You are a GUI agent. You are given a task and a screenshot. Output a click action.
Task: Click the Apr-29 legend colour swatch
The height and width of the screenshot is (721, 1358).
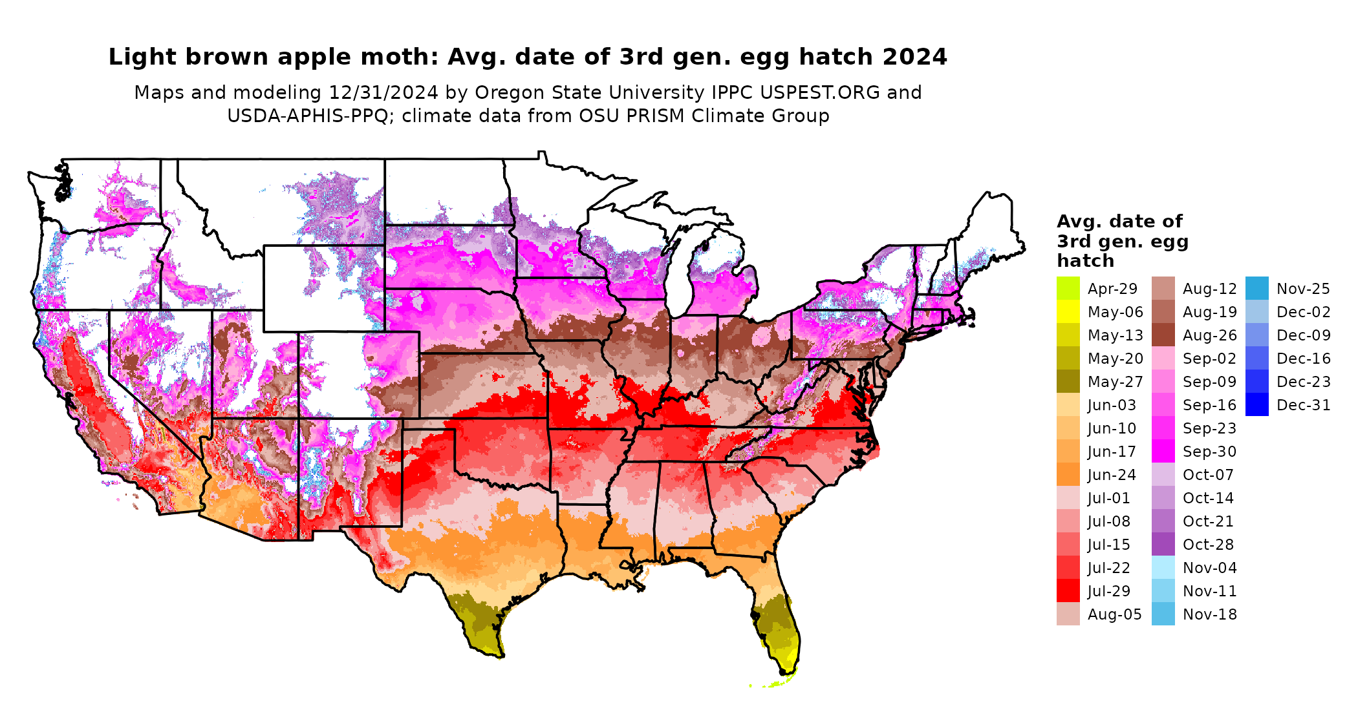pyautogui.click(x=1068, y=288)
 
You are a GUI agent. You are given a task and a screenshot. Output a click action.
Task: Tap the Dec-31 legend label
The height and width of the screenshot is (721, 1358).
pyautogui.click(x=1303, y=405)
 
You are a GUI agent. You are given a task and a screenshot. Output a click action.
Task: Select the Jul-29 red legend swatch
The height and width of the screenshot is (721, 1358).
pyautogui.click(x=1068, y=590)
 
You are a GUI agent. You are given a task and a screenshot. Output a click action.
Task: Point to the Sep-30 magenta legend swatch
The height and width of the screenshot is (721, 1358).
pyautogui.click(x=1163, y=451)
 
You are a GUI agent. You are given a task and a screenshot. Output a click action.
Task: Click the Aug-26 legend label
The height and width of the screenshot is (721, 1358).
pyautogui.click(x=1209, y=335)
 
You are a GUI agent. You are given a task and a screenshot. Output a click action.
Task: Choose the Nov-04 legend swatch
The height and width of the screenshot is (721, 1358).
pyautogui.click(x=1163, y=567)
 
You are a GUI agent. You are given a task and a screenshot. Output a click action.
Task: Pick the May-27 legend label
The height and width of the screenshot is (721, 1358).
pyautogui.click(x=1115, y=382)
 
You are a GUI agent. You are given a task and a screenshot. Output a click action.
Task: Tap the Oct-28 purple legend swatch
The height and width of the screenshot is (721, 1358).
pyautogui.click(x=1163, y=544)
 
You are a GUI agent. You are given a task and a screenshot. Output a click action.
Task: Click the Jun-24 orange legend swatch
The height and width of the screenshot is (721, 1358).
pyautogui.click(x=1068, y=474)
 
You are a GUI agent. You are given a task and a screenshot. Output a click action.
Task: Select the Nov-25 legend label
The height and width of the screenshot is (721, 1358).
pyautogui.click(x=1303, y=289)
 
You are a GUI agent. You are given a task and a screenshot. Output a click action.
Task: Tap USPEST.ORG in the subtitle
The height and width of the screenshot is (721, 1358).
pyautogui.click(x=820, y=92)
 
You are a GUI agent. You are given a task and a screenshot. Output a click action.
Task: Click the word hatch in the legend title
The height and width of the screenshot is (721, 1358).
pyautogui.click(x=1085, y=260)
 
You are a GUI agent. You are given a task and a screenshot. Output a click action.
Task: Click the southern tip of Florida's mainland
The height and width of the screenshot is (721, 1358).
pyautogui.click(x=784, y=673)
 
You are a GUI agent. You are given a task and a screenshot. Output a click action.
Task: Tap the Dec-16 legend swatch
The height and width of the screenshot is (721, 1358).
pyautogui.click(x=1256, y=358)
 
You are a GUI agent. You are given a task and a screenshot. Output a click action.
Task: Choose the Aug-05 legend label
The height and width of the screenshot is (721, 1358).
pyautogui.click(x=1114, y=614)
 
